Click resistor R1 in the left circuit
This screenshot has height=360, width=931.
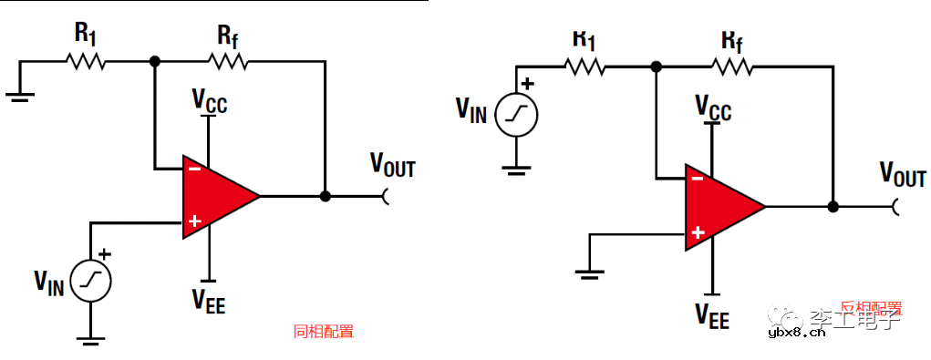[86, 62]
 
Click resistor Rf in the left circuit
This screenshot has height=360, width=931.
[228, 62]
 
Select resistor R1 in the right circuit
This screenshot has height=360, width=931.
[584, 67]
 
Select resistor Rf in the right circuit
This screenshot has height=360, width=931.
[733, 67]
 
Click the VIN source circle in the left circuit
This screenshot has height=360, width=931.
[92, 281]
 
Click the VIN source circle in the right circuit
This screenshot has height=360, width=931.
[518, 113]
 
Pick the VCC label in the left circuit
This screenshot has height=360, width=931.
[209, 101]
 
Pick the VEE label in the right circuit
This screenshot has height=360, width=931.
[712, 315]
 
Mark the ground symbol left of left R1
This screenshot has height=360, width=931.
[19, 93]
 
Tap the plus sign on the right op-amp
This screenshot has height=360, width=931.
[698, 233]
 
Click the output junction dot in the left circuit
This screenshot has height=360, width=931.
[326, 195]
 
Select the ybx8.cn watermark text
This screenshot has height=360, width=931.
[799, 334]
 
